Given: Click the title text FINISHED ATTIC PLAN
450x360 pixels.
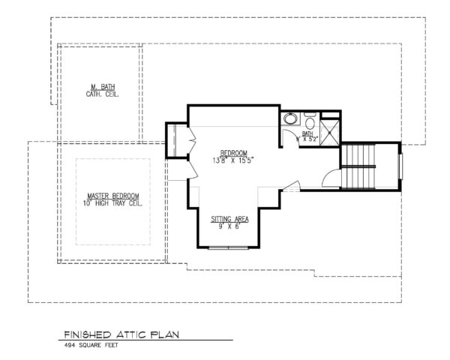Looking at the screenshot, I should (x=119, y=335).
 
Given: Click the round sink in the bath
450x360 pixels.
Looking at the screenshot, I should (x=290, y=119).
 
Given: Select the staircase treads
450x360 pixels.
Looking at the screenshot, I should (x=358, y=169).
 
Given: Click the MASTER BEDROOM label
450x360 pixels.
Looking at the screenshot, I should (x=113, y=194).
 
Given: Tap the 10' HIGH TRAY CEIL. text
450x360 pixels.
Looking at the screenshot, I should (x=113, y=202).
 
